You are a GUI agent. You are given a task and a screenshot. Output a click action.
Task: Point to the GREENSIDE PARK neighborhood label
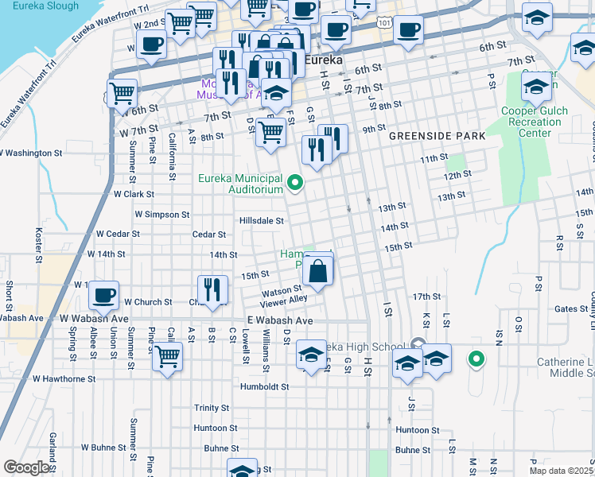click(437, 137)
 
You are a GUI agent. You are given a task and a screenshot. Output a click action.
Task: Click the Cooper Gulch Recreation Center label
click(535, 122)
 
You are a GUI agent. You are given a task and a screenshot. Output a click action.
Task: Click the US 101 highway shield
click(385, 24)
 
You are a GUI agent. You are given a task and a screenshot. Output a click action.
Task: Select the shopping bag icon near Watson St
click(317, 272)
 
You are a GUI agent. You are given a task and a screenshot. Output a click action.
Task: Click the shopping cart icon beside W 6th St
click(122, 93)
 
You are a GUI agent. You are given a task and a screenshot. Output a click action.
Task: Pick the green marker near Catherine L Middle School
click(476, 360)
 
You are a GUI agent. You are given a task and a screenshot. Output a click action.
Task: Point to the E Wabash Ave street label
click(279, 320)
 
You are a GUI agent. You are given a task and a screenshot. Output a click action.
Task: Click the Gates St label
click(571, 308)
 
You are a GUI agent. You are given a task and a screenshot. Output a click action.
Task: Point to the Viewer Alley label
click(284, 300)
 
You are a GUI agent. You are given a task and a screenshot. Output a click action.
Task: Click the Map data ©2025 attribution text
click(562, 471)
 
